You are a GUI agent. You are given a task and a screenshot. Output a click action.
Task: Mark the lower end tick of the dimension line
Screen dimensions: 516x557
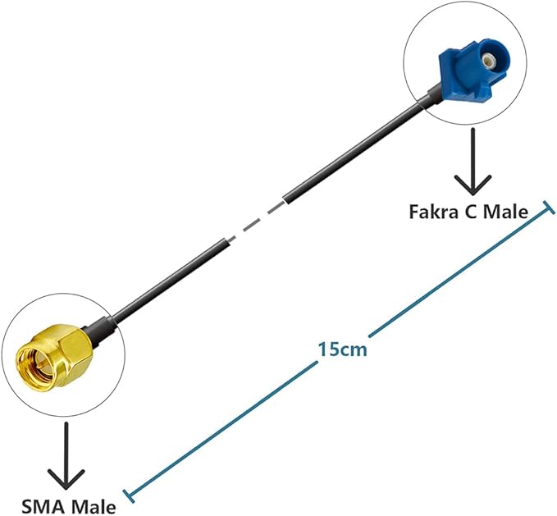click(125, 494)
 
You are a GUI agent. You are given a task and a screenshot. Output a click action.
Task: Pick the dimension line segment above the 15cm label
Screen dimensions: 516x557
click(459, 271)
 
